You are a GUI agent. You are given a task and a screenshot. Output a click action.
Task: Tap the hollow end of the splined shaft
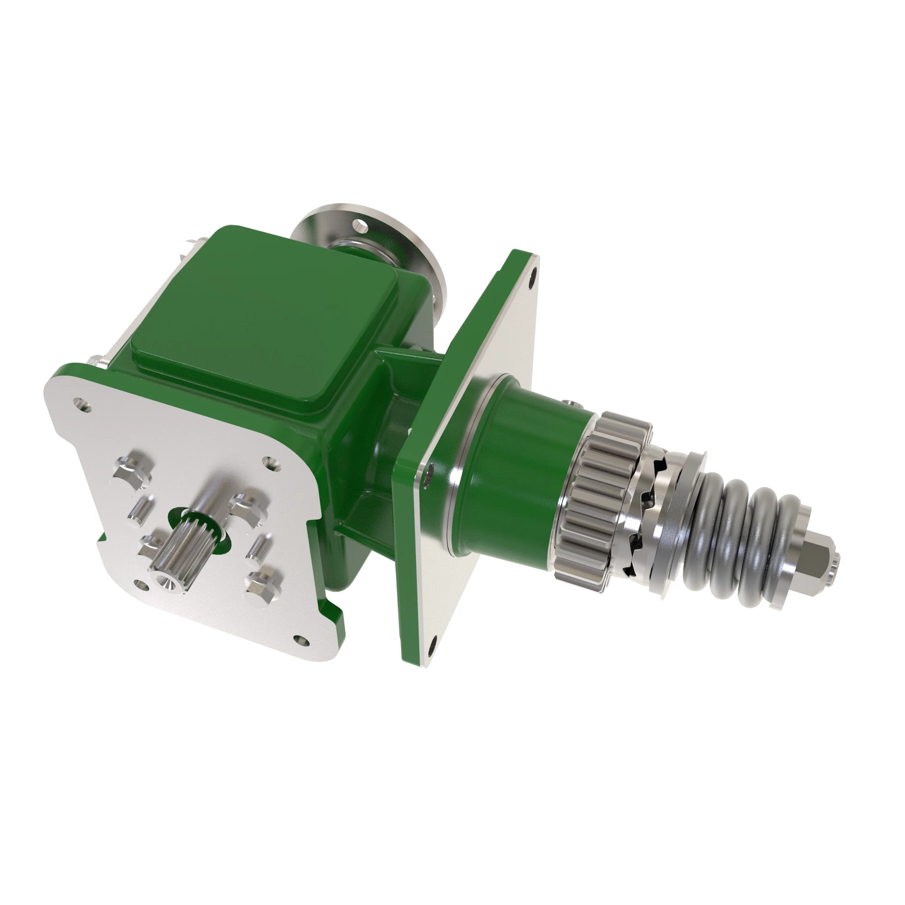(x=166, y=582)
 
